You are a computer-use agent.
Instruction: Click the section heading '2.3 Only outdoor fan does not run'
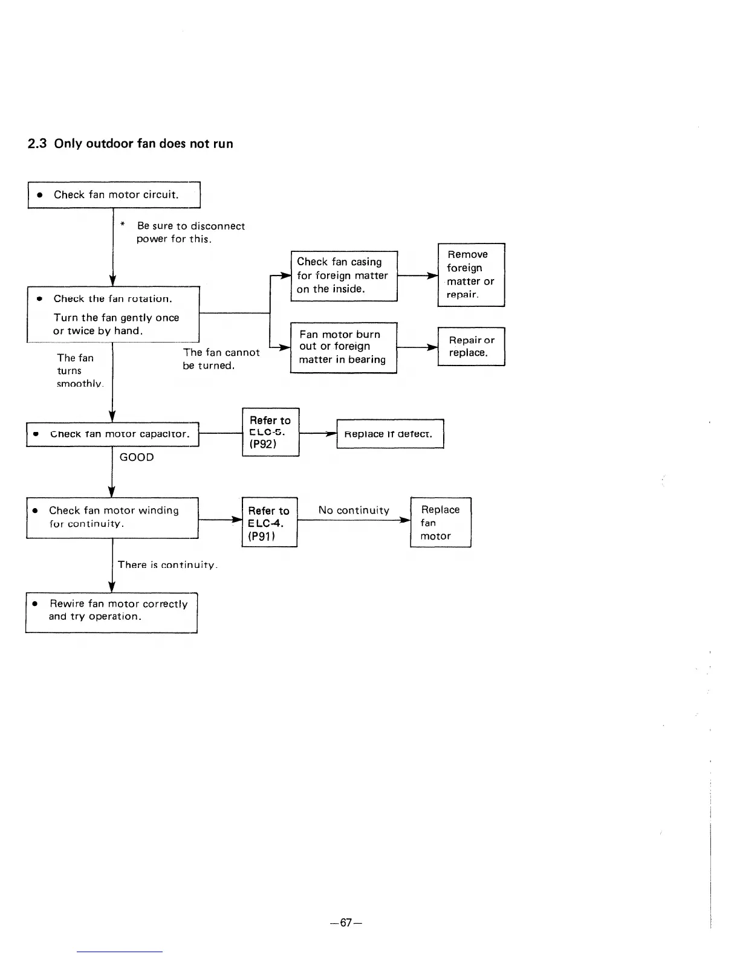pos(131,144)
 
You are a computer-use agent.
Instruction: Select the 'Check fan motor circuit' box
pos(114,195)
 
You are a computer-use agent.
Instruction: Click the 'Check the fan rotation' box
pos(113,314)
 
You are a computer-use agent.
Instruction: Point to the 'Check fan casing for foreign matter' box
pos(343,275)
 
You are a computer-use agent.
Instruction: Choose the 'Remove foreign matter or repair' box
pos(471,275)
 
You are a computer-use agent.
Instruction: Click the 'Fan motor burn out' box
pos(343,347)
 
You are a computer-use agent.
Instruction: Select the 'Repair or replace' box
pos(471,346)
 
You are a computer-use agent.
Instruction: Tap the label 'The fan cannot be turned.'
pos(221,359)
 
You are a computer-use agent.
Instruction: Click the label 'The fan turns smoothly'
pos(79,370)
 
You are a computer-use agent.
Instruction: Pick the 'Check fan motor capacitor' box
pos(113,434)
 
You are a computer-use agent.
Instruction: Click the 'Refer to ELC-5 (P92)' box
pos(270,432)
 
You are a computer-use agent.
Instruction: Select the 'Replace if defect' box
pos(390,434)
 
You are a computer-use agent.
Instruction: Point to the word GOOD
pos(137,457)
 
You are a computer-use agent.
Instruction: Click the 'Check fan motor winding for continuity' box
pos(112,517)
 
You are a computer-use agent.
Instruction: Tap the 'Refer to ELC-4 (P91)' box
pos(269,522)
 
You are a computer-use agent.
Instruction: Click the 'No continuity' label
pos(354,511)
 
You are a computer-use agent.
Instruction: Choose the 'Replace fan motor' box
pos(440,522)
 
